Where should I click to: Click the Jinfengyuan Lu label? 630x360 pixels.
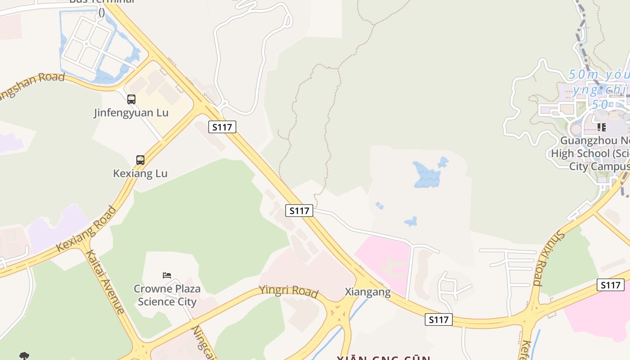pyautogui.click(x=131, y=112)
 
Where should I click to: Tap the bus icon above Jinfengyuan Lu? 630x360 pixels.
pyautogui.click(x=131, y=99)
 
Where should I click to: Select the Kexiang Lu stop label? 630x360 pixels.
pyautogui.click(x=140, y=173)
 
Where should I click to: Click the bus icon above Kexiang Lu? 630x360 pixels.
pyautogui.click(x=140, y=160)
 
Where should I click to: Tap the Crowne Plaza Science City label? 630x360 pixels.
pyautogui.click(x=167, y=295)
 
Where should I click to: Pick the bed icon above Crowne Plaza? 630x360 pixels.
pyautogui.click(x=167, y=275)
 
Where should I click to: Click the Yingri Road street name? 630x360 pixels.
pyautogui.click(x=288, y=291)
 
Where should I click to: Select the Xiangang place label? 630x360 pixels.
pyautogui.click(x=368, y=292)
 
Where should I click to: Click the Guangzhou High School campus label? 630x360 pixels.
pyautogui.click(x=589, y=153)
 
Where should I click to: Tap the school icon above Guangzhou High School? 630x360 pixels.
pyautogui.click(x=601, y=127)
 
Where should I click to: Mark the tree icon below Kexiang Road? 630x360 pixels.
pyautogui.click(x=24, y=356)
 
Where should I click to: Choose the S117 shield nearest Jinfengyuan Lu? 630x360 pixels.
pyautogui.click(x=222, y=127)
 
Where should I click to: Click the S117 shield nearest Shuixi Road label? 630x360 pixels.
pyautogui.click(x=611, y=285)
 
